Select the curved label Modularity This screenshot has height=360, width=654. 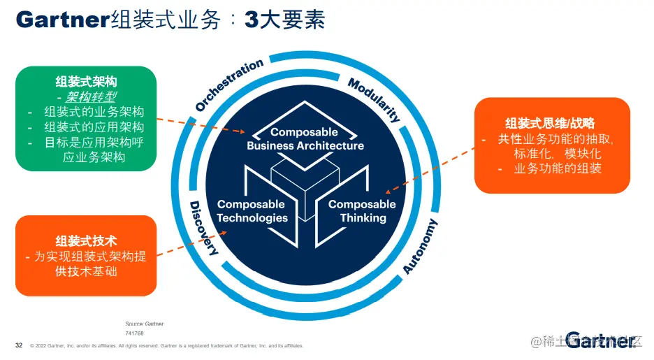point(374,100)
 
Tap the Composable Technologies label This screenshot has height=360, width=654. point(251,211)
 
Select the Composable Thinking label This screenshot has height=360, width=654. point(362,211)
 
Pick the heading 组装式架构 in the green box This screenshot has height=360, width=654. point(86,82)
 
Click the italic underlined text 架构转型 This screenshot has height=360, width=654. point(86,97)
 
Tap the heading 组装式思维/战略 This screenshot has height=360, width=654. point(550,124)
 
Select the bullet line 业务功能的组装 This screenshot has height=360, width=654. point(557,168)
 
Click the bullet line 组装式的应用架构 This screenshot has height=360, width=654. point(94,127)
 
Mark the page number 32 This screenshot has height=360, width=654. point(19,345)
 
